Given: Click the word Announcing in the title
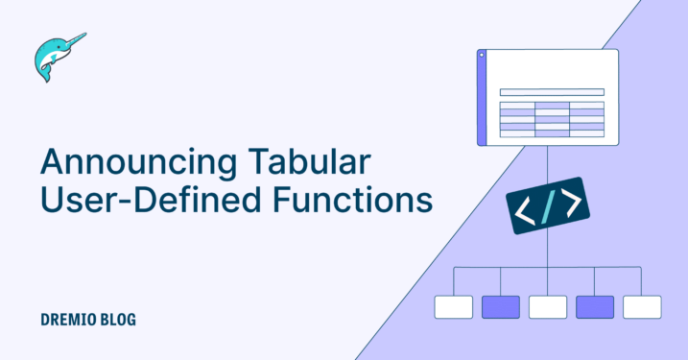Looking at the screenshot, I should (112, 160).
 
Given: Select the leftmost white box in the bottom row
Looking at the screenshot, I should (453, 306).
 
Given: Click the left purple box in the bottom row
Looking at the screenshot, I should (500, 306).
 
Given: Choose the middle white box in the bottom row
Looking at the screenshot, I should (547, 306).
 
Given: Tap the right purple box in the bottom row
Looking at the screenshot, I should (595, 306).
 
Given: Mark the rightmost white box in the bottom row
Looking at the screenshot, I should (641, 306).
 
